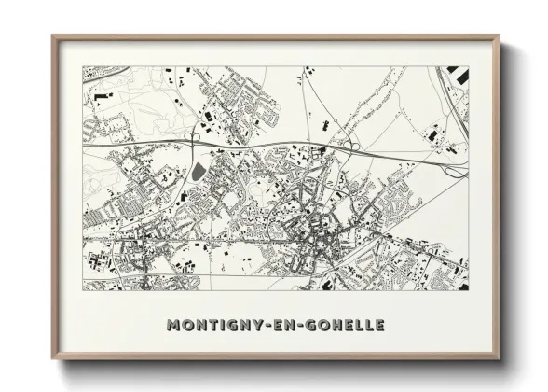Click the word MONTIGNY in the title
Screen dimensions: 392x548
(211, 325)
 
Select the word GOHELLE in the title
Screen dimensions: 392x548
(340, 325)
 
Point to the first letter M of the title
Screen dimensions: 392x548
(172, 325)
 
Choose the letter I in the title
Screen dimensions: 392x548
(218, 325)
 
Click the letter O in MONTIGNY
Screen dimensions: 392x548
(185, 325)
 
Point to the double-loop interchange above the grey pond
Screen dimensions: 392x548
(193, 139)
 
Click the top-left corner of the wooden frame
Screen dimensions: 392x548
(53, 37)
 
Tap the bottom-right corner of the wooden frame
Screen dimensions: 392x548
(500, 358)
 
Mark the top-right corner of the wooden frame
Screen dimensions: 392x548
(500, 37)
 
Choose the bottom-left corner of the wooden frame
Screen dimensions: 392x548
(53, 358)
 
